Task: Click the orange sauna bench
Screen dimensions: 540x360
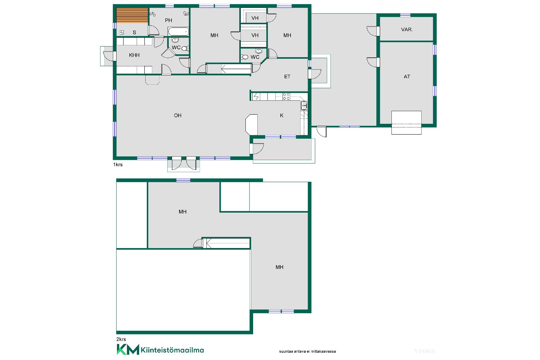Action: (132, 15)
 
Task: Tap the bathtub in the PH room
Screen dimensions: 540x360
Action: (178, 31)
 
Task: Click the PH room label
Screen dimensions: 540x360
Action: (168, 20)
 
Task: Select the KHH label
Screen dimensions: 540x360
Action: (134, 55)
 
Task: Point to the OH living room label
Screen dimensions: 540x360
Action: (177, 115)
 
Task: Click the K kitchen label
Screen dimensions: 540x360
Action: (282, 115)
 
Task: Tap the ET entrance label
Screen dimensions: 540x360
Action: (287, 76)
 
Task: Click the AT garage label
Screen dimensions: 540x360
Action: (407, 76)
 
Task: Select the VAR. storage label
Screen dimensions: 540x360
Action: (407, 30)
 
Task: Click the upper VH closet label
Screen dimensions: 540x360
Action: (255, 18)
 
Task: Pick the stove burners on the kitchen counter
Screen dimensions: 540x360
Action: (286, 96)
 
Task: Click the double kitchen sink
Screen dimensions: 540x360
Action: (304, 105)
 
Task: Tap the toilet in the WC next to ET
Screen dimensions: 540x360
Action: (244, 57)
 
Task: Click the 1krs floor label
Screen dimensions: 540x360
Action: (118, 165)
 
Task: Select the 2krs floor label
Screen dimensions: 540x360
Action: (121, 339)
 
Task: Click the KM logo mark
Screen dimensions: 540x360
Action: (128, 349)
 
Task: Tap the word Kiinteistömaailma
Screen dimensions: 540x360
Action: (172, 350)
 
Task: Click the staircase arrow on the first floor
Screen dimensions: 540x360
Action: (236, 69)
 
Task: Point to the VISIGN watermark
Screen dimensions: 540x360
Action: (425, 351)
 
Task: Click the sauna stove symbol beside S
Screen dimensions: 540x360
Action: (122, 33)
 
